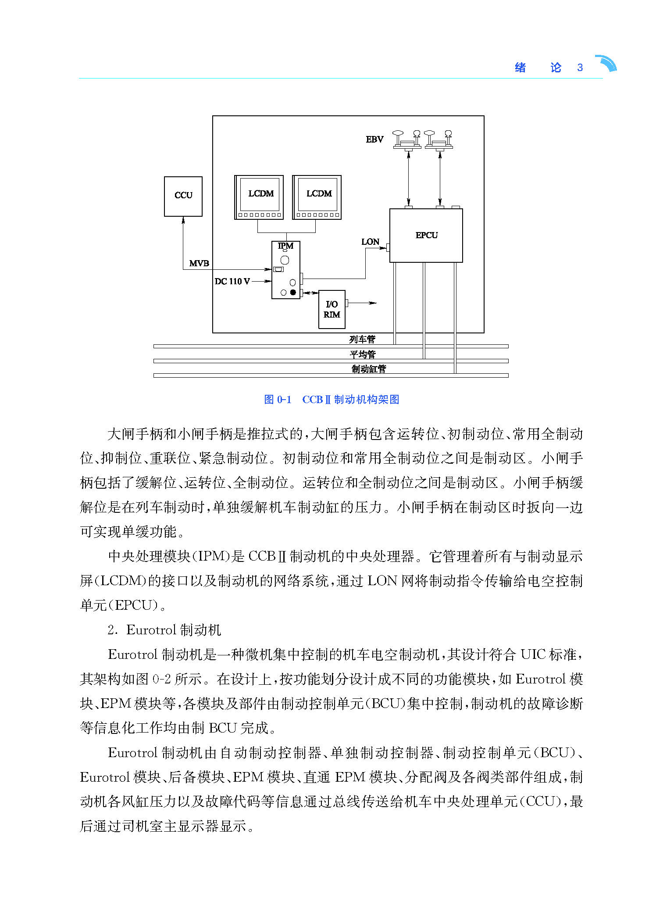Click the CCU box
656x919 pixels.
183,196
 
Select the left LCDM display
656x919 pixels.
259,197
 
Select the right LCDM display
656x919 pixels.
317,197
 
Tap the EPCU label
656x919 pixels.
426,235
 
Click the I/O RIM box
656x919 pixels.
332,309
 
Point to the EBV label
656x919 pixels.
374,139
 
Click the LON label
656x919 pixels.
370,242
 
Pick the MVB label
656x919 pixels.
199,263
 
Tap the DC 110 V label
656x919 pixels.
232,281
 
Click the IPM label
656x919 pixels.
285,246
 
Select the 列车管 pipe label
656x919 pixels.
362,339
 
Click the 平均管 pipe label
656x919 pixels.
363,354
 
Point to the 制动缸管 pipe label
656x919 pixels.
369,369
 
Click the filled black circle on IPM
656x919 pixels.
293,292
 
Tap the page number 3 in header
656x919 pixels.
580,68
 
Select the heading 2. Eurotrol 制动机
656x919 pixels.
164,630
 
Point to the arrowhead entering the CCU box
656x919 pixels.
183,220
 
